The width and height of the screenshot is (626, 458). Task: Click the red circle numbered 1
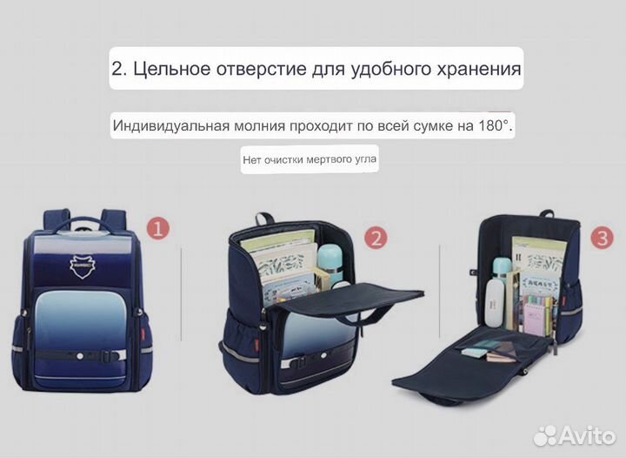pyautogui.click(x=157, y=230)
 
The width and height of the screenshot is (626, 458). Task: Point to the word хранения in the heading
pyautogui.click(x=477, y=69)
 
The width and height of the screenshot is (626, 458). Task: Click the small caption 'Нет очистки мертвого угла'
pyautogui.click(x=310, y=159)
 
